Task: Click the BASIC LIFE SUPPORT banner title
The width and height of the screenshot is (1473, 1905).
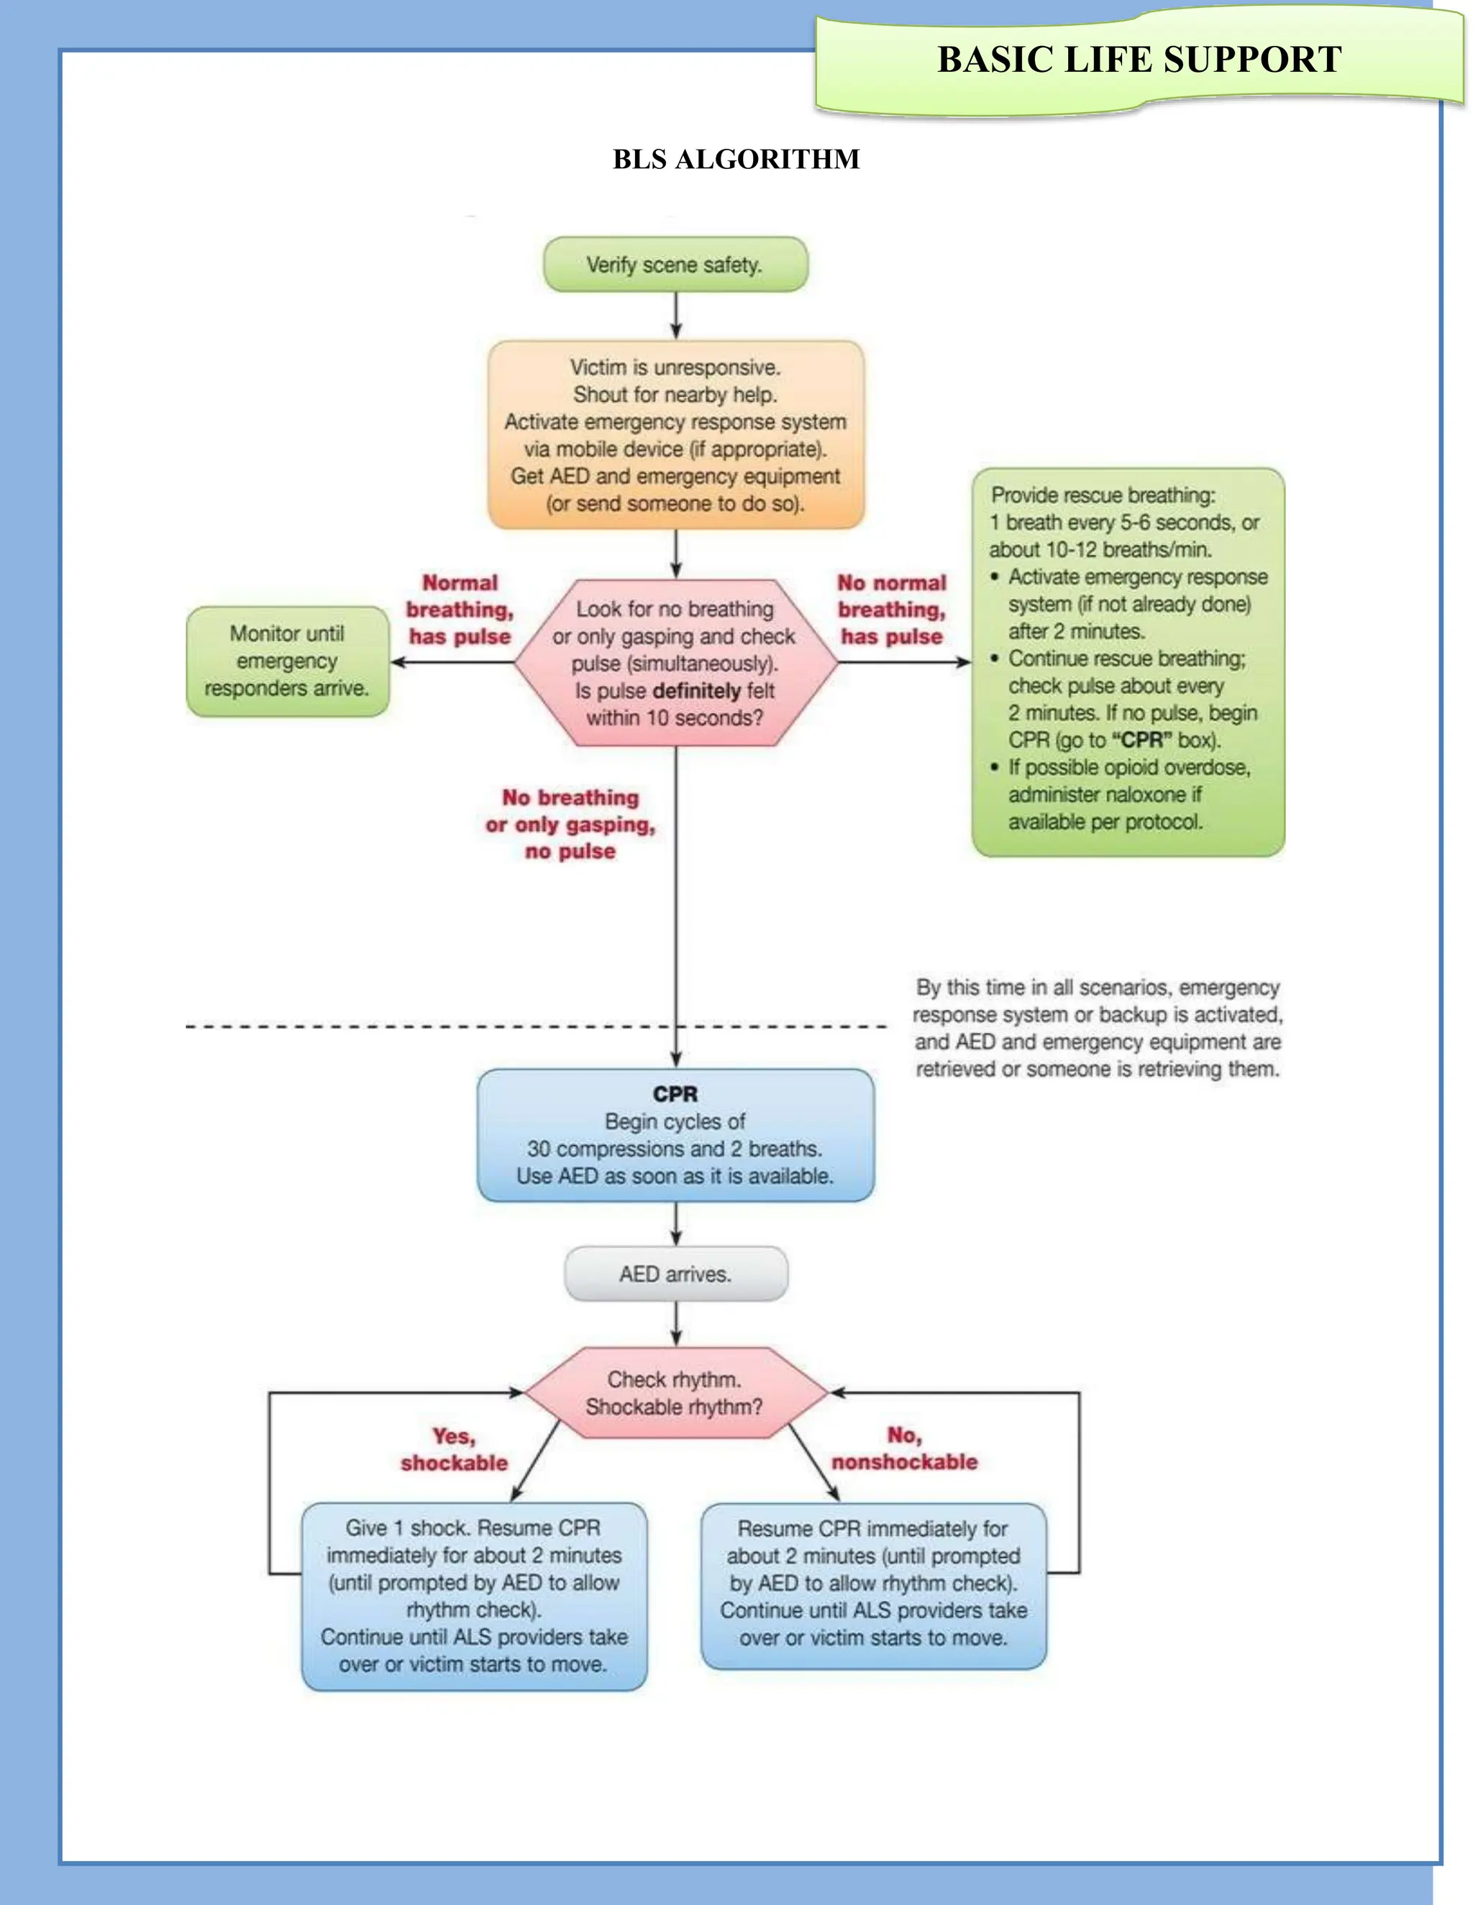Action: tap(1139, 60)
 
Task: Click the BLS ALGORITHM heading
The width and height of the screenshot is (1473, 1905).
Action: tap(736, 159)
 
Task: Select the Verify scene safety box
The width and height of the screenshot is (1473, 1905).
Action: tap(675, 265)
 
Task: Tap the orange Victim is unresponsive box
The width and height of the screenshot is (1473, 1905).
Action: tap(675, 434)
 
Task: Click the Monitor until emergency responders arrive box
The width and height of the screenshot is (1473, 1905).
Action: tap(287, 661)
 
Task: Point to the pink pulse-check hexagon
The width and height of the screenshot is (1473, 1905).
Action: tap(675, 663)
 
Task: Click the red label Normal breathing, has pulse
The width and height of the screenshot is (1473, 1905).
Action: tap(460, 610)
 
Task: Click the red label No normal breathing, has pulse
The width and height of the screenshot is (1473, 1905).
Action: tap(891, 610)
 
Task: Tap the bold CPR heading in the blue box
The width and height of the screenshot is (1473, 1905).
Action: tap(675, 1094)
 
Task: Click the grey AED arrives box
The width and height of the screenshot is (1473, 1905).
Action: tap(675, 1274)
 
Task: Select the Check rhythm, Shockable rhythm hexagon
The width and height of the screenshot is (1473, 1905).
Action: tap(675, 1393)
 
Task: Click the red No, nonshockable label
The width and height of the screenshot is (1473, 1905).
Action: tap(904, 1448)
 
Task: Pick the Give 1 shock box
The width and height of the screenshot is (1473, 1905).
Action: tap(474, 1595)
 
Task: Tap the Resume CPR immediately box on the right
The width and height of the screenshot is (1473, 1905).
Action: tap(872, 1583)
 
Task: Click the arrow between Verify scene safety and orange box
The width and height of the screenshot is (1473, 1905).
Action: tap(675, 316)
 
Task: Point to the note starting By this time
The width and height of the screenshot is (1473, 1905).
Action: tap(1097, 1027)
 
